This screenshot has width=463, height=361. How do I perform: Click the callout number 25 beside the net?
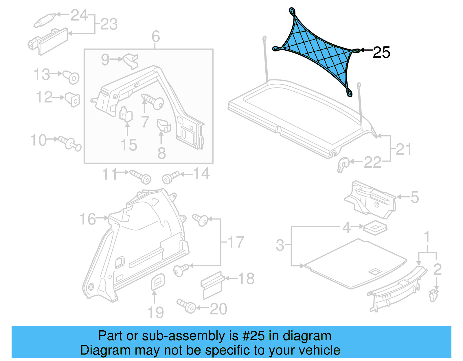[x=381, y=53]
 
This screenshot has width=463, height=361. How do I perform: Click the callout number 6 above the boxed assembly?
[x=156, y=37]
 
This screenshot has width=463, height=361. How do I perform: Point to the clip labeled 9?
[x=131, y=61]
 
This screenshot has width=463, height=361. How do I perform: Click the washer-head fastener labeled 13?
[x=71, y=77]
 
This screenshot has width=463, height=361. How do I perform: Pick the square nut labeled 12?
[x=73, y=99]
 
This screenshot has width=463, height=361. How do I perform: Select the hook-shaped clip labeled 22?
[x=343, y=165]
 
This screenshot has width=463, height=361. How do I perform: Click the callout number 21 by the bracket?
[x=403, y=149]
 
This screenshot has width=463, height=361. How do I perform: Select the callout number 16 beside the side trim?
[x=87, y=219]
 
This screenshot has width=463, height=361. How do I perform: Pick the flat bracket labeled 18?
[x=212, y=285]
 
